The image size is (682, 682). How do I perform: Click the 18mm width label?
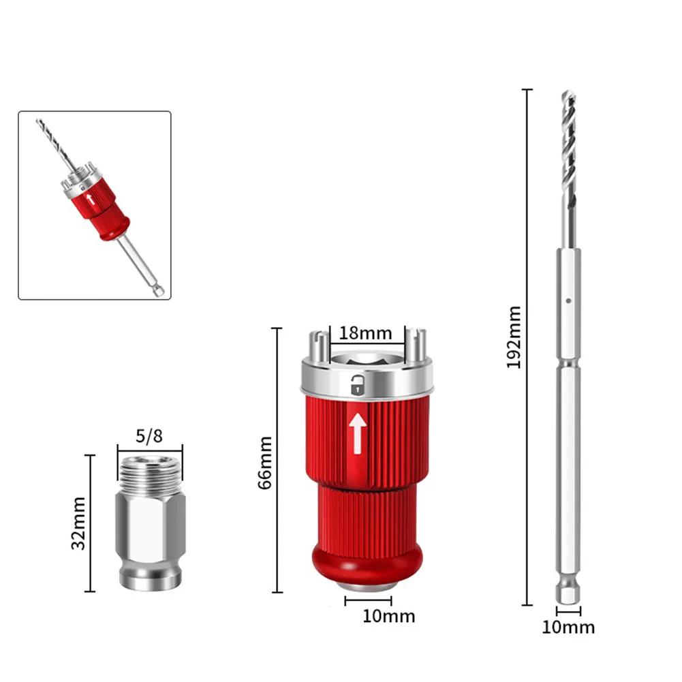367,333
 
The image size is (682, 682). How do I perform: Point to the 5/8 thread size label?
149,436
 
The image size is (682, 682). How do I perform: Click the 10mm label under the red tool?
388,617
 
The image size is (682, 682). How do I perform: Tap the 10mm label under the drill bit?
568,627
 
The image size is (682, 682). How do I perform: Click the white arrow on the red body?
356,433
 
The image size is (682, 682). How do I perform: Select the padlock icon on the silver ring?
356,386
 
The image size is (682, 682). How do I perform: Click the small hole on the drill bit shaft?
568,298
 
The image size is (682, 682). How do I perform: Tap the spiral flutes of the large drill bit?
569,150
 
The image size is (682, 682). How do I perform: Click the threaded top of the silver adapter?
150,470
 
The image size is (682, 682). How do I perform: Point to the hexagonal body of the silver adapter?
150,525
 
